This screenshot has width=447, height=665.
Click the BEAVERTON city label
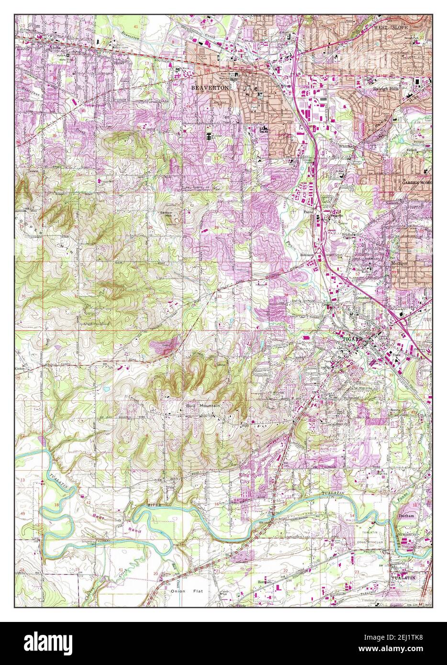[x=207, y=88]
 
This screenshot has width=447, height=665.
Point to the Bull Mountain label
[x=203, y=406]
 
